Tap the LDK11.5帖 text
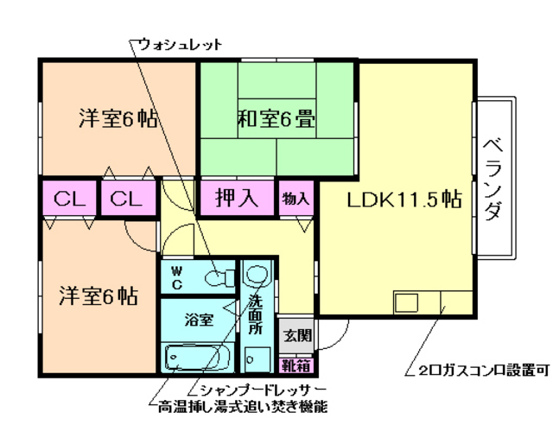(x=403, y=200)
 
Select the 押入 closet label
(x=237, y=198)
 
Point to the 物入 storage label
(x=296, y=199)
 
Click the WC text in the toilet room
(x=176, y=276)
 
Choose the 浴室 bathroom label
(x=199, y=320)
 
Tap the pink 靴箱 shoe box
(x=296, y=365)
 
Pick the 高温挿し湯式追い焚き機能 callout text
(x=243, y=406)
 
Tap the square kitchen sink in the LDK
(x=406, y=303)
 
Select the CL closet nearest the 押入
(x=126, y=199)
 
